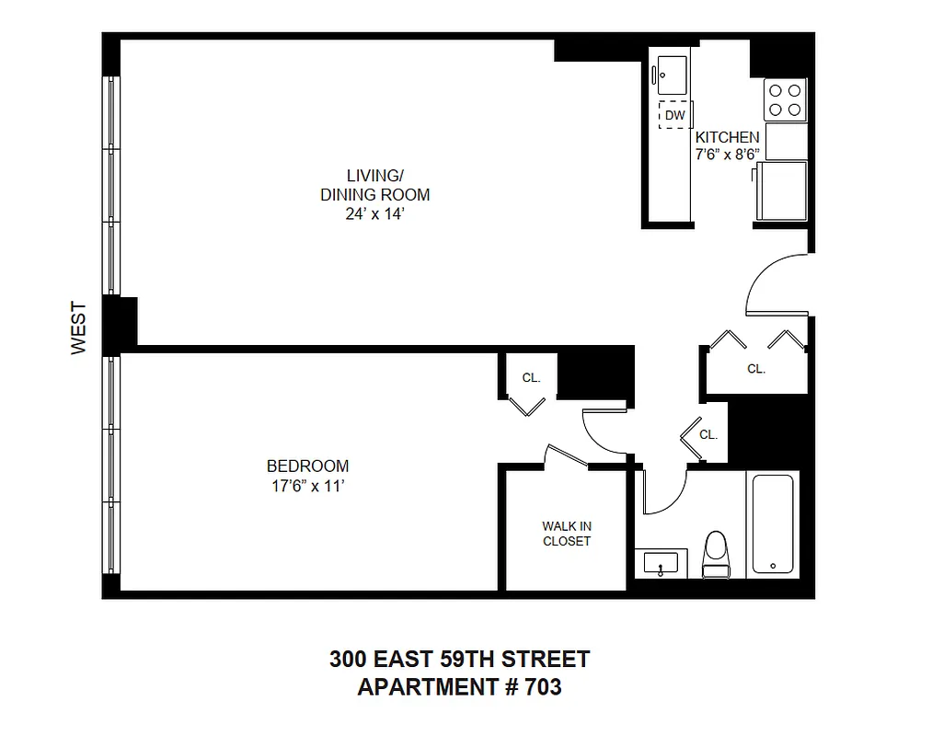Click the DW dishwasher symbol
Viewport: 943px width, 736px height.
point(674,115)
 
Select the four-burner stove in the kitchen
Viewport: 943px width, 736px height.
point(785,99)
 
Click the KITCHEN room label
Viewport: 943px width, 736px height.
point(727,137)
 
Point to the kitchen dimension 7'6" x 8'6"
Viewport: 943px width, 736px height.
point(727,155)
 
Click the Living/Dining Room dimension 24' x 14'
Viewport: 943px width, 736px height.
point(374,213)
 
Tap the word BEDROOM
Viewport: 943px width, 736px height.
point(307,466)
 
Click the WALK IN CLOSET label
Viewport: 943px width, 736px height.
point(567,534)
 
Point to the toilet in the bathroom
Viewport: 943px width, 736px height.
point(715,555)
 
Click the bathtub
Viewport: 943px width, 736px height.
point(775,523)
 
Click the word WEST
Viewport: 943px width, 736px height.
point(78,328)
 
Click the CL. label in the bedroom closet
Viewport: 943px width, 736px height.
point(531,377)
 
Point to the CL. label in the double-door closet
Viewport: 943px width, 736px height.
point(756,368)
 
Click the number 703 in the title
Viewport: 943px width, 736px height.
point(540,687)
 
